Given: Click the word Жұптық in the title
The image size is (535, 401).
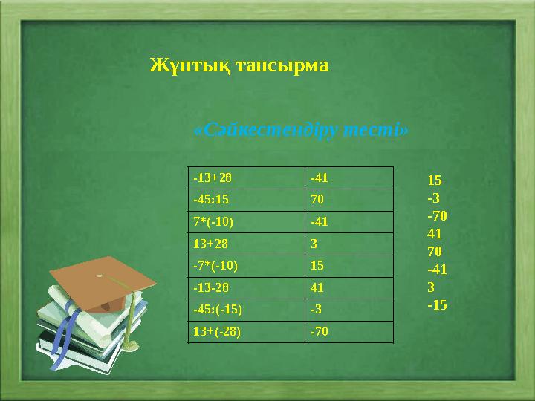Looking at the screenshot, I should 187,65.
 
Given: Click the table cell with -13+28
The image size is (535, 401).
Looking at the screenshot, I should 247,178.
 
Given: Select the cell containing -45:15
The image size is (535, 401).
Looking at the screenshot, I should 247,200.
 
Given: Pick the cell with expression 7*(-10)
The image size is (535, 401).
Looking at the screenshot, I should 247,221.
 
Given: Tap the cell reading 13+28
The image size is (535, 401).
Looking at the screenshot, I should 247,244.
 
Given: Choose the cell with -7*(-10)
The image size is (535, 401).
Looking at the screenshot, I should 247,265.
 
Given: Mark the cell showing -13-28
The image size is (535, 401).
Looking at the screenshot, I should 247,287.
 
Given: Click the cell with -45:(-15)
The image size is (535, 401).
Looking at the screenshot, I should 247,309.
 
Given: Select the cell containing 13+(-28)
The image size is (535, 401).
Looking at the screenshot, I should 247,331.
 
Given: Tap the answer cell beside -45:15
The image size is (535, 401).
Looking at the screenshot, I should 349,200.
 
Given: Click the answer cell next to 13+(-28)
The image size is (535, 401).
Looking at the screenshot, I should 349,331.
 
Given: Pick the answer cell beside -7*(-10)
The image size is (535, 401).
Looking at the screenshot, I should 349,265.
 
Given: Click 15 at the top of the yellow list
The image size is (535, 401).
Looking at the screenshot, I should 435,180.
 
